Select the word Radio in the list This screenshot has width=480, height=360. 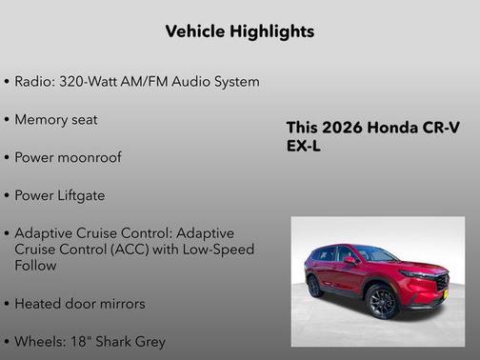click(33, 82)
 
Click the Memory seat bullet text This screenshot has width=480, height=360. click(56, 120)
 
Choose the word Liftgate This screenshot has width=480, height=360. click(82, 195)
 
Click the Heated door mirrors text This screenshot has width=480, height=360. click(80, 304)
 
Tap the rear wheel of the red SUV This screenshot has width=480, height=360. click(314, 287)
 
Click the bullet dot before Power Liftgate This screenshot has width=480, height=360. click(8, 195)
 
